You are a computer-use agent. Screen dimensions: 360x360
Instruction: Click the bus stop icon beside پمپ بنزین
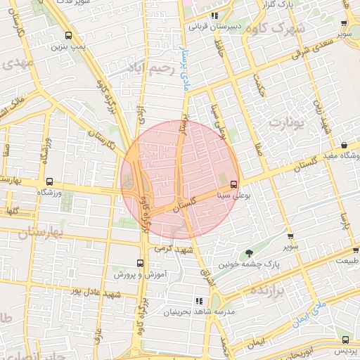coord(68,35)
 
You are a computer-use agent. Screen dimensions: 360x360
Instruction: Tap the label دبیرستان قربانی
coord(215,27)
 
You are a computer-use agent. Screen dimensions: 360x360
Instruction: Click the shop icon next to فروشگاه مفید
coord(345,145)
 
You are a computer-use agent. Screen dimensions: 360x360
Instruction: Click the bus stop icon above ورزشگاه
coord(49,181)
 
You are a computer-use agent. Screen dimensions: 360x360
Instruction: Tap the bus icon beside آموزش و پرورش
coord(140,263)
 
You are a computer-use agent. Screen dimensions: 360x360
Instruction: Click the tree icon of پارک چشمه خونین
coord(248,253)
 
